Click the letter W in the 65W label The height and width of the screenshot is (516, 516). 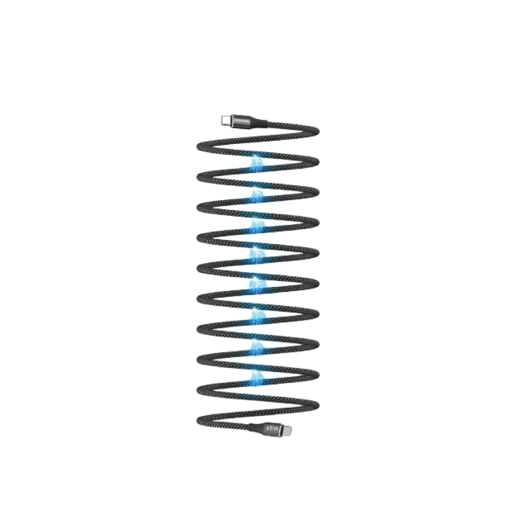[x=278, y=429]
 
